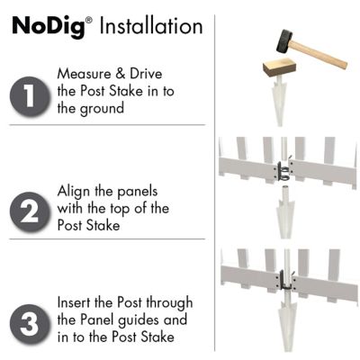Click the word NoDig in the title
(x=49, y=26)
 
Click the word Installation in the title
(x=151, y=25)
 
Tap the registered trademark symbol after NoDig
(x=89, y=21)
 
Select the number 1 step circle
(x=30, y=96)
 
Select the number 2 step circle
(x=30, y=211)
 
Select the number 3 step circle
(x=30, y=324)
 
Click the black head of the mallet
(x=284, y=41)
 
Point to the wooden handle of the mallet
(x=319, y=55)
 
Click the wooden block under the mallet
(x=279, y=68)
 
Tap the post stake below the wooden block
(x=279, y=101)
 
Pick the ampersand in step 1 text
(x=121, y=74)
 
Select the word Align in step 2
(x=74, y=192)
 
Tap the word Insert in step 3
(x=74, y=302)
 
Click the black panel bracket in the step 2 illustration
(x=283, y=170)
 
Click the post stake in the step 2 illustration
(x=283, y=211)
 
